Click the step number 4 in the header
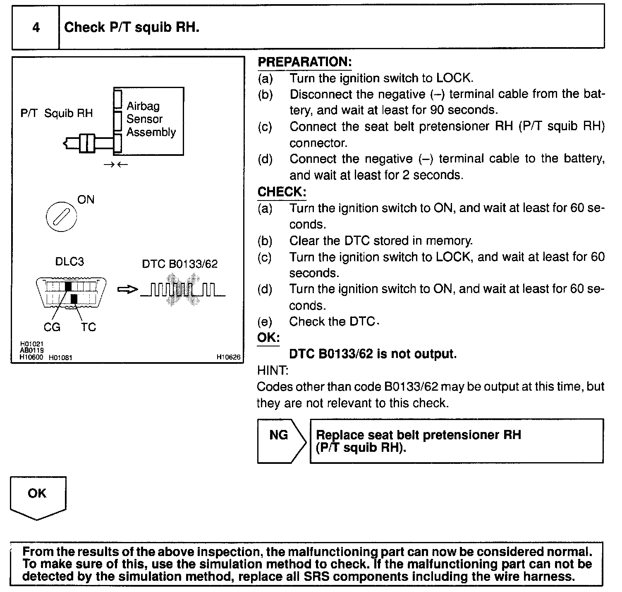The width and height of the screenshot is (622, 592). point(36,28)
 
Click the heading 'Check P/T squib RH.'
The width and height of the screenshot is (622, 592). point(132,28)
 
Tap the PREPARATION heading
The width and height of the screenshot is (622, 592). point(304,62)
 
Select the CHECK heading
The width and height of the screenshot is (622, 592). point(282,192)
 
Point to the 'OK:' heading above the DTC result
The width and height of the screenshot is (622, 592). point(268,337)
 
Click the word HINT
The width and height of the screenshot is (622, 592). point(273,370)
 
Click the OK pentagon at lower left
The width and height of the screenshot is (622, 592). point(38,496)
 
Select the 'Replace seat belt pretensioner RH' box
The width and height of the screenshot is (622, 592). point(456,441)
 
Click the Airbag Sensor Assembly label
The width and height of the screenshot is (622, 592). point(151,119)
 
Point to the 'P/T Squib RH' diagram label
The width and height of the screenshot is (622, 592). point(57,113)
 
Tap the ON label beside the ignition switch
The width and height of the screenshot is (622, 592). point(86,200)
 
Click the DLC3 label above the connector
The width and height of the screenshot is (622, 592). point(69,262)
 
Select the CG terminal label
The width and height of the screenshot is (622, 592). point(52,327)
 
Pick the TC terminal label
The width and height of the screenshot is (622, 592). point(89,327)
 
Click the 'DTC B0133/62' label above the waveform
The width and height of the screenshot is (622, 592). point(179,264)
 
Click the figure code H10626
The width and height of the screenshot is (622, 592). point(228,357)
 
